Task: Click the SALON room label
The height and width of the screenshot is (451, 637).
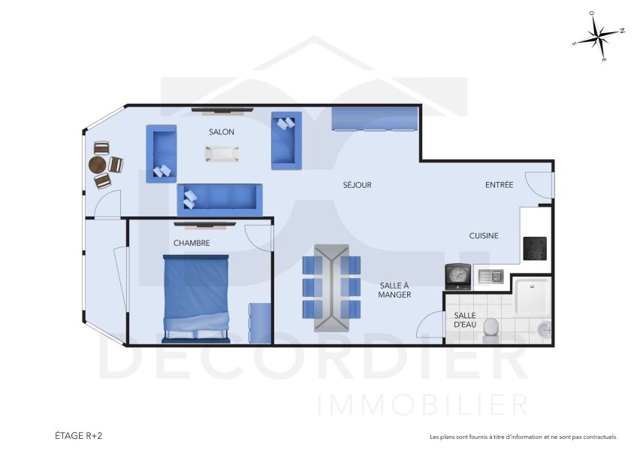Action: click(x=222, y=132)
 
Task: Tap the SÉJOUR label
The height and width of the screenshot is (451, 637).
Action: click(x=358, y=185)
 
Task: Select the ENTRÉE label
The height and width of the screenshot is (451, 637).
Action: click(x=500, y=185)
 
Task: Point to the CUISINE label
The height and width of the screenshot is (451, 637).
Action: click(x=484, y=236)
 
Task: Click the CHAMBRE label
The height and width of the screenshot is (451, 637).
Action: click(x=192, y=243)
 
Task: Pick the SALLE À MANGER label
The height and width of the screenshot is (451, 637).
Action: click(x=394, y=289)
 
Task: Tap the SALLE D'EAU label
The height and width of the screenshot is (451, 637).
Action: click(x=465, y=320)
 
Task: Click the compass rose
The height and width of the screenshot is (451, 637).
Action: click(x=599, y=35)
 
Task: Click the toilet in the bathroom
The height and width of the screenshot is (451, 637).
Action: click(x=491, y=327)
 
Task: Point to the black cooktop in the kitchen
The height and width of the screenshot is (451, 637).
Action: click(x=535, y=248)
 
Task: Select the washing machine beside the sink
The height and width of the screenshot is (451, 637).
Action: click(x=457, y=277)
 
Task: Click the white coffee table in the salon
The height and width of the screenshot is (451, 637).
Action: click(x=222, y=153)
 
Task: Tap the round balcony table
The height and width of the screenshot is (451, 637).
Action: click(x=98, y=165)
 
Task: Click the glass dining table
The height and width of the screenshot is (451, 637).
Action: click(x=331, y=287)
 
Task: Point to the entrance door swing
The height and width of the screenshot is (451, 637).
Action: click(x=539, y=186)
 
